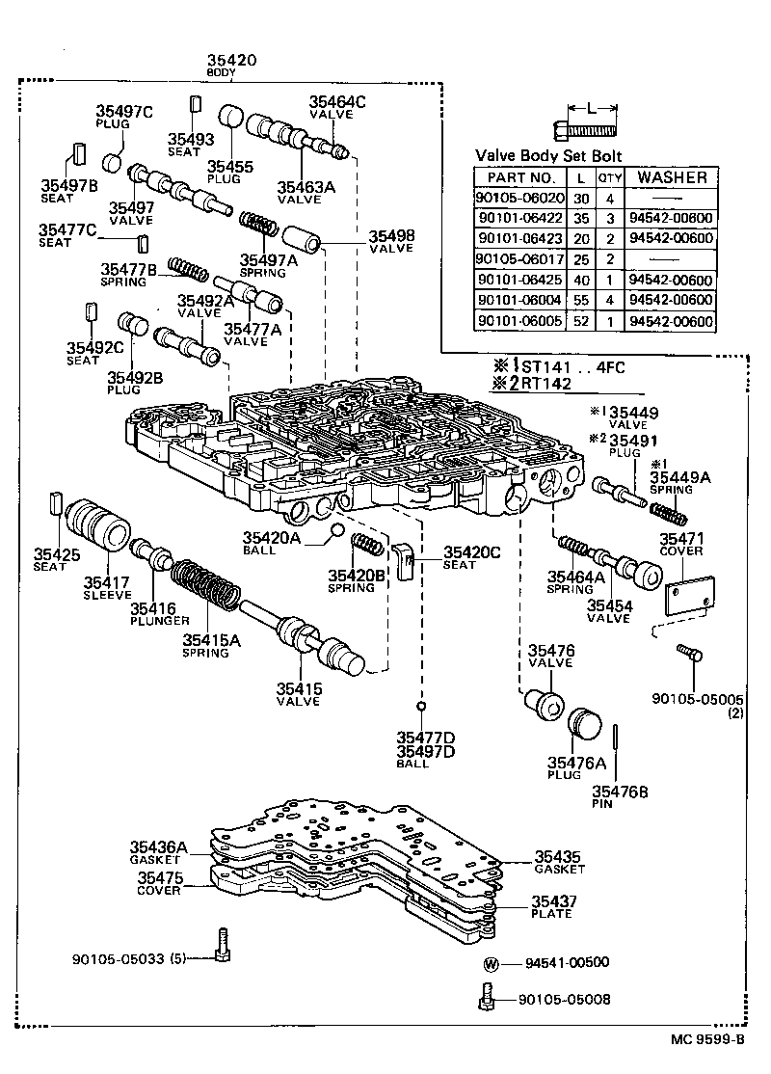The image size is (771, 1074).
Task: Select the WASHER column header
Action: coord(672,177)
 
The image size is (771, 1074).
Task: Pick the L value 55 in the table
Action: coord(580,301)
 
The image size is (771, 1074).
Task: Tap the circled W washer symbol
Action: coord(490,963)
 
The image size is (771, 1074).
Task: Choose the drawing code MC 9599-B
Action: coord(708,1039)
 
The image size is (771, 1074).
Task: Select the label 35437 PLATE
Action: coord(552,906)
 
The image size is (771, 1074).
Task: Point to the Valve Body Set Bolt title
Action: coord(548,156)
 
